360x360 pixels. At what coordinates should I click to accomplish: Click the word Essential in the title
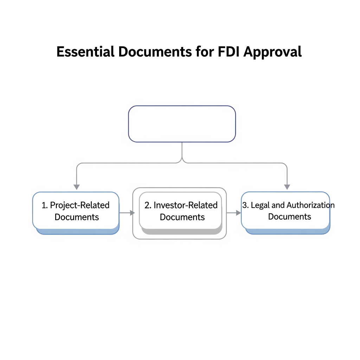click(x=85, y=52)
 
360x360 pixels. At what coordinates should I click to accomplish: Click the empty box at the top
click(x=182, y=124)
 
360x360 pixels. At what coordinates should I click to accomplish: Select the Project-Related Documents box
click(x=76, y=211)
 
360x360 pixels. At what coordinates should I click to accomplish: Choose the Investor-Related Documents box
click(x=181, y=211)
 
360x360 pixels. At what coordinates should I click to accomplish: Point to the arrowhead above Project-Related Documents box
click(x=77, y=187)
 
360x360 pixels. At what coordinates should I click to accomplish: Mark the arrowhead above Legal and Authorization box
click(x=287, y=187)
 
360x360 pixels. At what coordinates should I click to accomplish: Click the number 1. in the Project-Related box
click(x=45, y=205)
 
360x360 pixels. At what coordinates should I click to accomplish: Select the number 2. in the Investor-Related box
click(x=148, y=205)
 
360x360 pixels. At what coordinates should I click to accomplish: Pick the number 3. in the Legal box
click(x=245, y=205)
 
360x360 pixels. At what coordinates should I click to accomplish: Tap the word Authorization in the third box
click(x=310, y=205)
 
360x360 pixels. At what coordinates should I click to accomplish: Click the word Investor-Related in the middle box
click(x=186, y=205)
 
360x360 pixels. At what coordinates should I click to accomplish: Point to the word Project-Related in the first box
click(x=80, y=205)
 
